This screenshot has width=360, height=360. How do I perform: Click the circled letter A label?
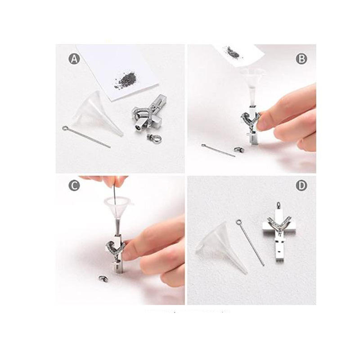(x=74, y=58)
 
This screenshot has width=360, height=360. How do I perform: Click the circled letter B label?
(x=301, y=59)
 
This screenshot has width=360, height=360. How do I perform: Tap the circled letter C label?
(x=74, y=185)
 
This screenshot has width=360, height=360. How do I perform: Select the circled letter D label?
(x=301, y=185)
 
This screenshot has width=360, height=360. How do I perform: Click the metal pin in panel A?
(x=86, y=137)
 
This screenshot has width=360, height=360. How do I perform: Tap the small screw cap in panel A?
(x=154, y=138)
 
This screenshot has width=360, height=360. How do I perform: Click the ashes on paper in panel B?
(x=233, y=52)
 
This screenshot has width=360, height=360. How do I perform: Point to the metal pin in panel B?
(x=218, y=150)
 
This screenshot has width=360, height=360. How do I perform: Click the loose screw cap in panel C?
(x=103, y=279)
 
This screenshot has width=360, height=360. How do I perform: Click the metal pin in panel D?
(x=250, y=242)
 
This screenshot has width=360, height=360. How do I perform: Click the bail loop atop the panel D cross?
(x=278, y=205)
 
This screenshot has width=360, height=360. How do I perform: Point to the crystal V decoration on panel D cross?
(x=279, y=223)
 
